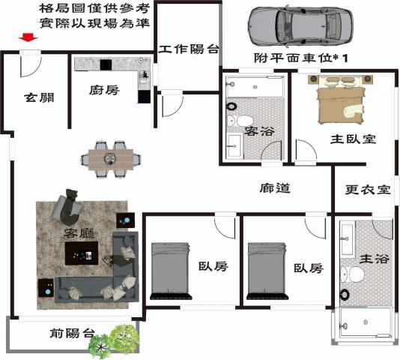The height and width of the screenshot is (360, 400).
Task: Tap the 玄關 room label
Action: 39,97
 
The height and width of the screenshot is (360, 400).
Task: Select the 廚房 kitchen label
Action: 104,90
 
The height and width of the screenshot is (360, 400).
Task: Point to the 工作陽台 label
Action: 189,49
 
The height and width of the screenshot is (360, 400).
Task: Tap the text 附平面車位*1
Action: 301,58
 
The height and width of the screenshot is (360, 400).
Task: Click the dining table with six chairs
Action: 111,159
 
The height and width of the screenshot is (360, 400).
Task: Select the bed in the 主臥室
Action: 341,100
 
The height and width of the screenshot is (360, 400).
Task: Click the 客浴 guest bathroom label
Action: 259,131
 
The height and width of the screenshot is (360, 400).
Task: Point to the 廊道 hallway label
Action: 275,188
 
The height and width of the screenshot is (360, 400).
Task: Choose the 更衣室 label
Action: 368,190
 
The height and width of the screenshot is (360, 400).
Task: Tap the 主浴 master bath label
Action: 374,259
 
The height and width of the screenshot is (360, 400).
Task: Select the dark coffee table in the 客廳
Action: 82,253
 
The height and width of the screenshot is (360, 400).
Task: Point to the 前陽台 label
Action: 72,333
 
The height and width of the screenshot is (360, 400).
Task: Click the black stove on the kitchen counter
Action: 106,64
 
